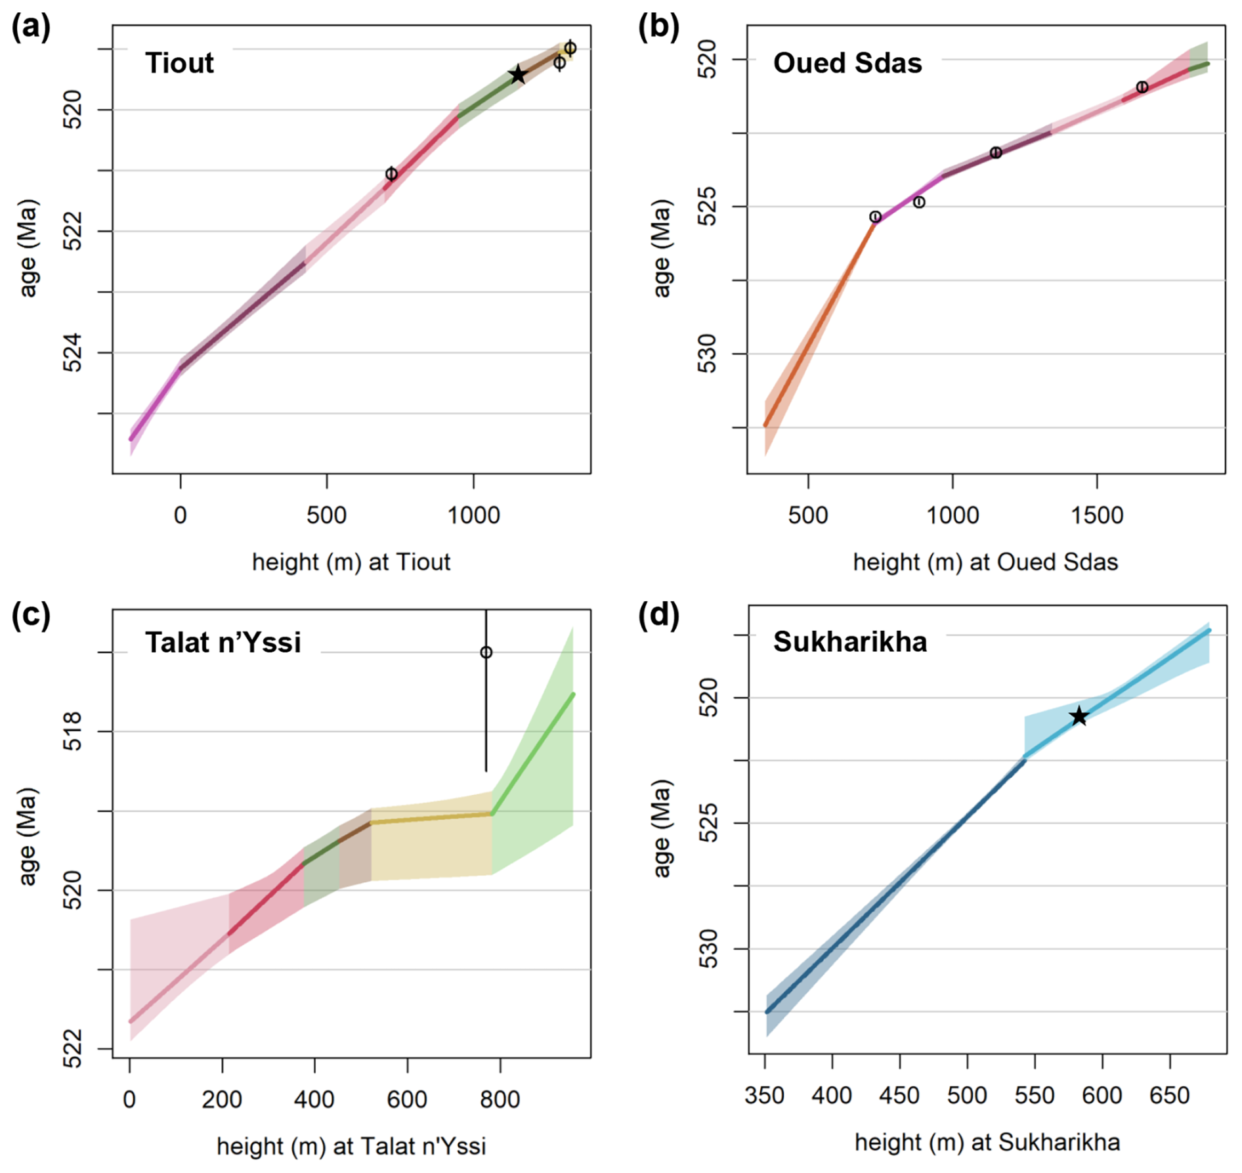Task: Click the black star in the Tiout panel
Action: click(x=518, y=74)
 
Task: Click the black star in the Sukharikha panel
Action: click(x=1079, y=716)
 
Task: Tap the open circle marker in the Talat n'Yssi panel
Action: click(x=486, y=652)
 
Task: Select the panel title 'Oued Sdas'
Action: click(x=847, y=63)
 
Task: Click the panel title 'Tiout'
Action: click(x=179, y=63)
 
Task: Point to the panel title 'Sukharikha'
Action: click(x=849, y=641)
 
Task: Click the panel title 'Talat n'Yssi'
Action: click(x=223, y=642)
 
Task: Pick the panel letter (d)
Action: click(x=658, y=615)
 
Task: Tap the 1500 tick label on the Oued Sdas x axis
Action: click(x=1097, y=515)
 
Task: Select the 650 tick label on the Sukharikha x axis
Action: click(x=1169, y=1096)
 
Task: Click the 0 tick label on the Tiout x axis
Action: click(x=181, y=515)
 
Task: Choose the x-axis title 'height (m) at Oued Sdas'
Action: click(x=985, y=563)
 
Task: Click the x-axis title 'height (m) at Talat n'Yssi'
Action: click(x=351, y=1146)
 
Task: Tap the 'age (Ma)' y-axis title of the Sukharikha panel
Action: click(x=662, y=828)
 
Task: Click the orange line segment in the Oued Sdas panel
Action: click(x=821, y=315)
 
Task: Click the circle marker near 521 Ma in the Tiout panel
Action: click(x=391, y=174)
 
